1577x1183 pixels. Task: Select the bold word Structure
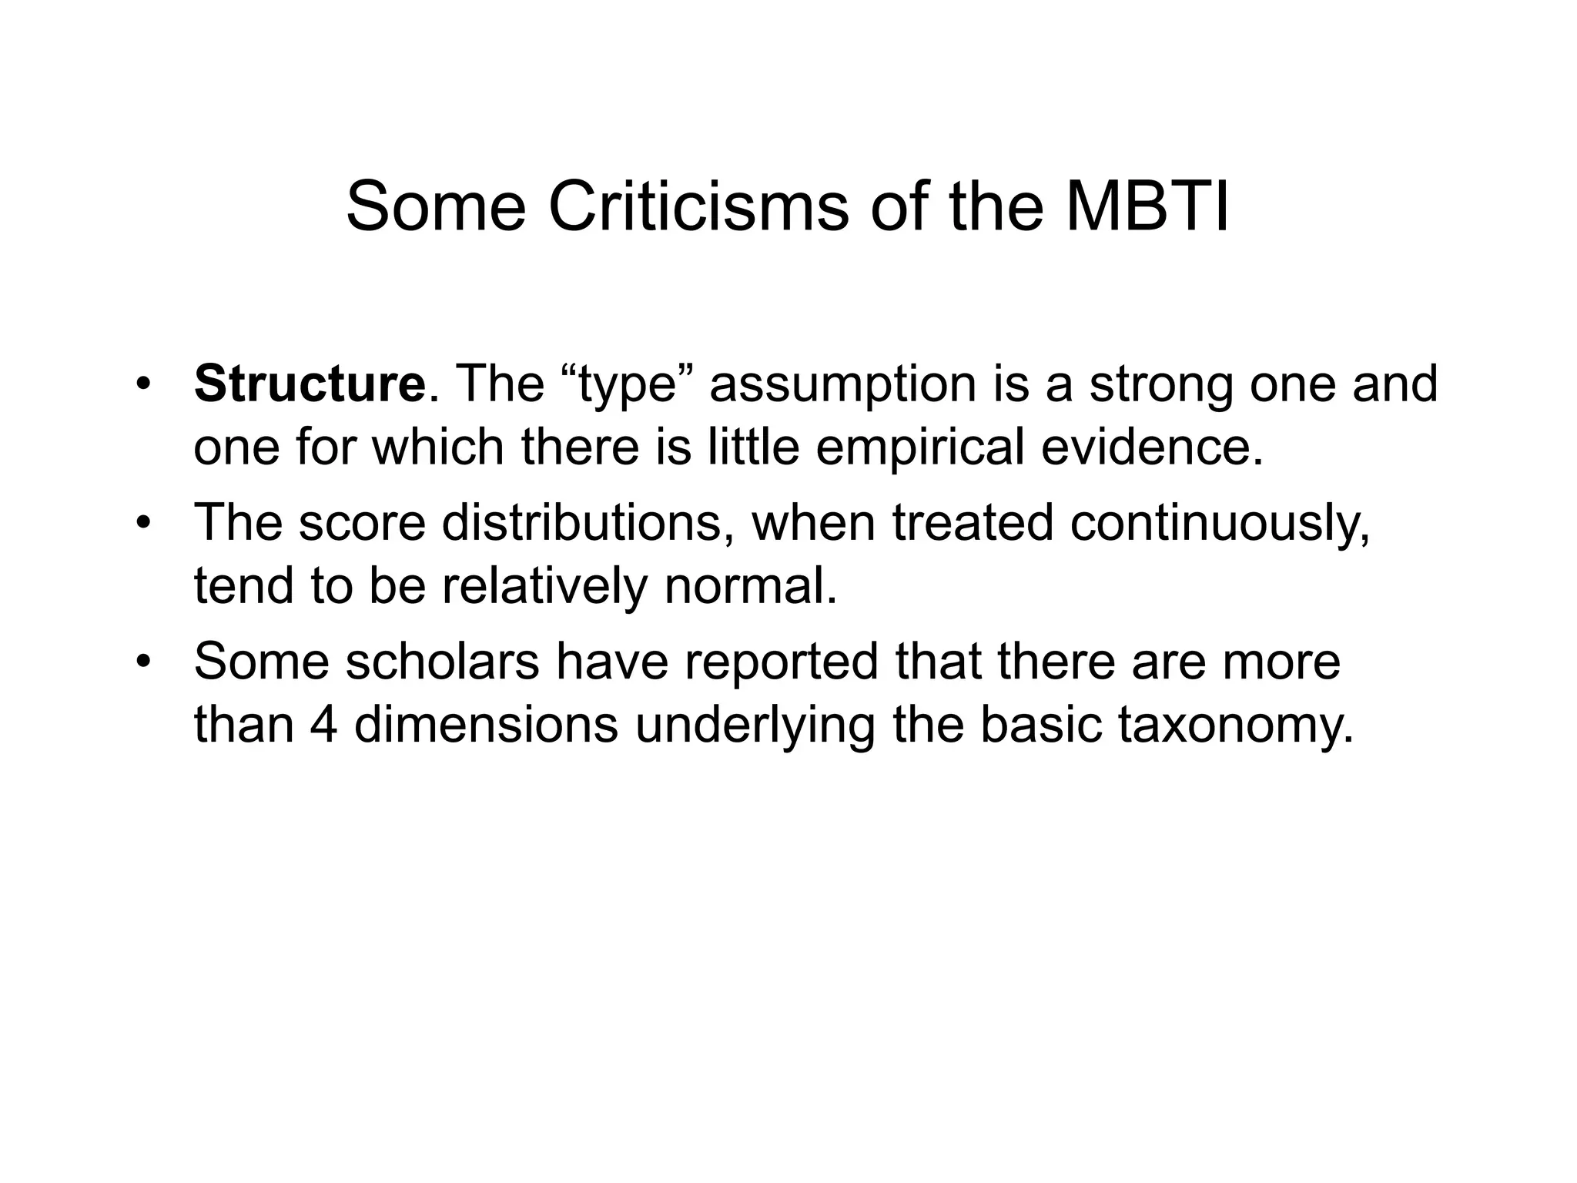(x=309, y=384)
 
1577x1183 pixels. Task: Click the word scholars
(x=443, y=661)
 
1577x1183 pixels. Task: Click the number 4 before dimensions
(x=324, y=724)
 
